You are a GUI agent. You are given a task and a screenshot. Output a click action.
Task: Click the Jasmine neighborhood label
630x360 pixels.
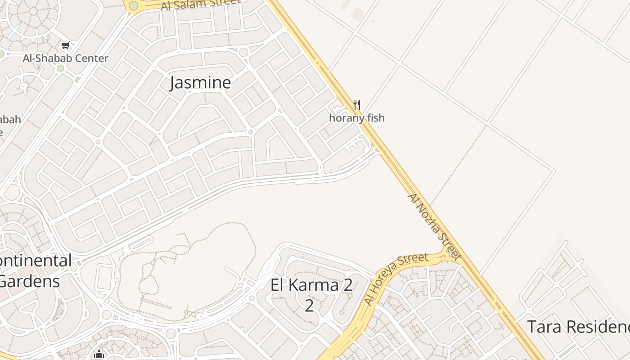pyautogui.click(x=200, y=83)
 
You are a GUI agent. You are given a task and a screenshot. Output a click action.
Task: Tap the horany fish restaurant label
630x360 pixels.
pyautogui.click(x=357, y=118)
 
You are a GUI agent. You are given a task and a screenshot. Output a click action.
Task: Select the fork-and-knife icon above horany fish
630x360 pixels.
pyautogui.click(x=357, y=105)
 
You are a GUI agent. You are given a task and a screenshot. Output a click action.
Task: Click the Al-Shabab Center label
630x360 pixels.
pyautogui.click(x=66, y=58)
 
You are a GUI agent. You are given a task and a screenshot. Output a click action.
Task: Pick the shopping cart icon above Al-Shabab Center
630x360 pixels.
pyautogui.click(x=66, y=45)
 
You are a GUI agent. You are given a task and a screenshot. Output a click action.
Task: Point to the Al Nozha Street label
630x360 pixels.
pyautogui.click(x=434, y=227)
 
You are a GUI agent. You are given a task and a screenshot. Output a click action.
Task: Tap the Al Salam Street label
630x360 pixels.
pyautogui.click(x=201, y=4)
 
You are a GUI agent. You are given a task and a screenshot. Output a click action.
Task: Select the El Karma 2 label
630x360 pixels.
pyautogui.click(x=311, y=285)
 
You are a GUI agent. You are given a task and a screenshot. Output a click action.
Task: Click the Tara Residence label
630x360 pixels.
pyautogui.click(x=578, y=327)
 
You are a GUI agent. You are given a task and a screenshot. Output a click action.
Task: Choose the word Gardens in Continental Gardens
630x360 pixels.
pyautogui.click(x=30, y=282)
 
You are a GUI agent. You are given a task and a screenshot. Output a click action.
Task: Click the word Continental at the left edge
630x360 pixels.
pyautogui.click(x=36, y=261)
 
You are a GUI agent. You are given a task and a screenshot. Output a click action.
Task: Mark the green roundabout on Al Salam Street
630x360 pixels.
pyautogui.click(x=133, y=6)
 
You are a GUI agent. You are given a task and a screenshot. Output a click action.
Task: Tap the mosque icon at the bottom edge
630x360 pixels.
pyautogui.click(x=99, y=355)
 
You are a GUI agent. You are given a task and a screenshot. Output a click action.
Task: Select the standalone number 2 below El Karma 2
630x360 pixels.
pyautogui.click(x=309, y=306)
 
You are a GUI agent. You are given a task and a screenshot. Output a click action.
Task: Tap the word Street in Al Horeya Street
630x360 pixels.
pyautogui.click(x=413, y=260)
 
